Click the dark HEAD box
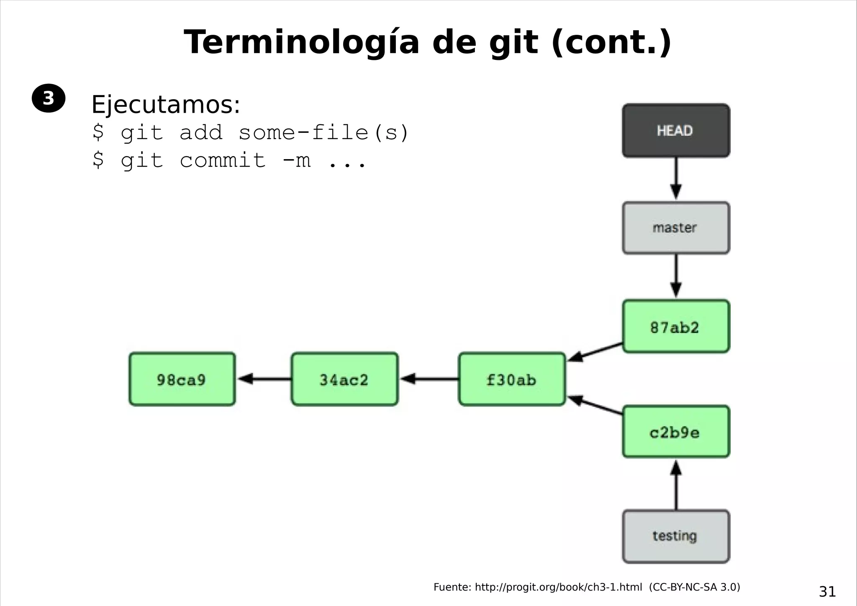coord(676,131)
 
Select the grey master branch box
coord(676,228)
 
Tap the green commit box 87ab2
coord(676,327)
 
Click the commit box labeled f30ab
coord(512,379)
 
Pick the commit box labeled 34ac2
coord(344,379)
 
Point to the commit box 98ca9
coord(182,379)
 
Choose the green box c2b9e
coord(676,432)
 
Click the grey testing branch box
coord(676,536)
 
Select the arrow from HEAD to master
coord(676,178)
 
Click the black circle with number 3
coord(49,98)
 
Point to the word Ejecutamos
coord(165,104)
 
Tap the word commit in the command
coord(223,160)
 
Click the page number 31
coord(827,591)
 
